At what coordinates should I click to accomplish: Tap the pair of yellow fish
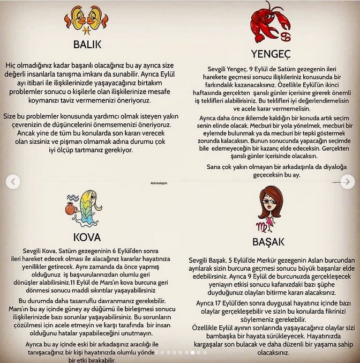(x=88, y=17)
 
